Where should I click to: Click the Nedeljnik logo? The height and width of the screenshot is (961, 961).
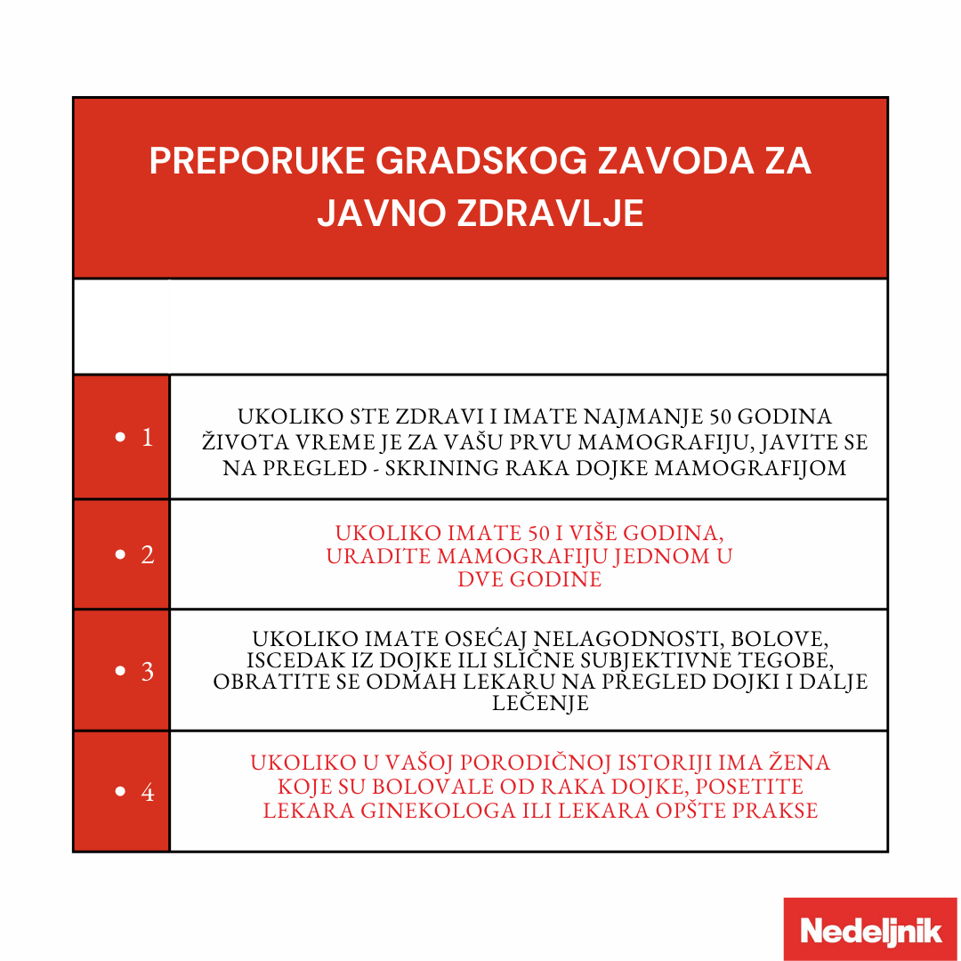[870, 930]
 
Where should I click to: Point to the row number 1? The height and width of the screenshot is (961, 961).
[147, 438]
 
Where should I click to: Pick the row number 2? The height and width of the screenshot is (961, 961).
[147, 555]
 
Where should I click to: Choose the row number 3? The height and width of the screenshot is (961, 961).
[147, 671]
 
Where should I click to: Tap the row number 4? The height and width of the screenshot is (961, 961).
[147, 792]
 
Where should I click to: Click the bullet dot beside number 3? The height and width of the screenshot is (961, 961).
[121, 672]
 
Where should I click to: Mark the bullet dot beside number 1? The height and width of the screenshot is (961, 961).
[121, 438]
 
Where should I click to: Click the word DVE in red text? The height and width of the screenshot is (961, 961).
[481, 579]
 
